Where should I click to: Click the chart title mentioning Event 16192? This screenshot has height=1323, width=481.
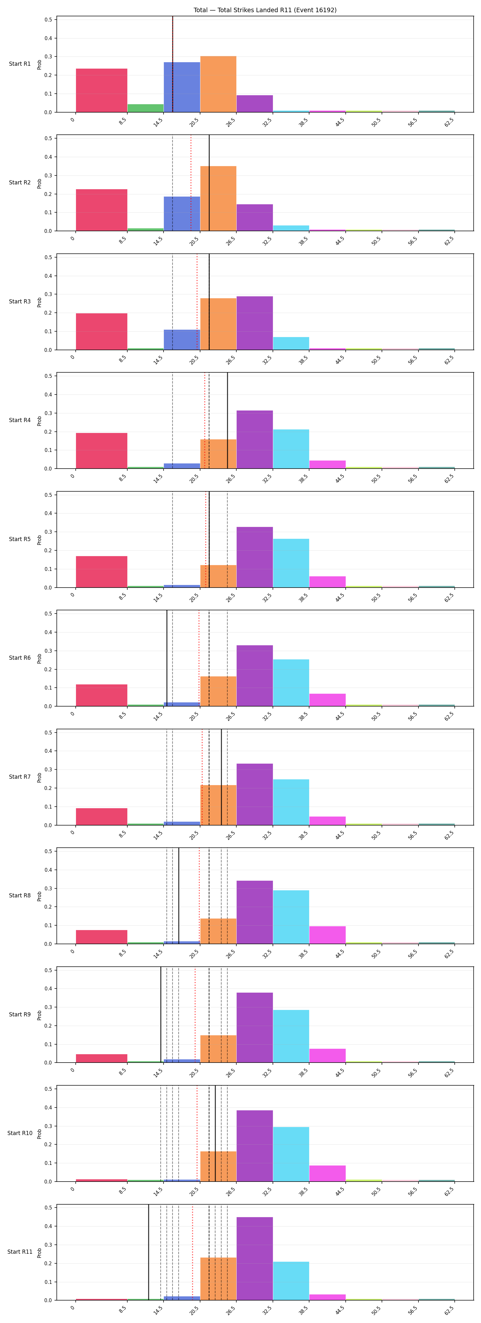(265, 10)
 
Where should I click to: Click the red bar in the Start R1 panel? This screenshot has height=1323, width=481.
(102, 90)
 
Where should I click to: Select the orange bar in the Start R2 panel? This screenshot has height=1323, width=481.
(218, 198)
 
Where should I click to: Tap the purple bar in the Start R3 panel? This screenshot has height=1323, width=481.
(255, 323)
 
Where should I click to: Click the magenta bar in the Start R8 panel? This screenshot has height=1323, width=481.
(327, 935)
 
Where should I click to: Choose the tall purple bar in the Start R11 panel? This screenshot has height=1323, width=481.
(255, 1258)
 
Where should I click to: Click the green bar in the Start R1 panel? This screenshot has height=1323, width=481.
(145, 108)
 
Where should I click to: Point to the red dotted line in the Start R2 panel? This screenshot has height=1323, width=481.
(191, 183)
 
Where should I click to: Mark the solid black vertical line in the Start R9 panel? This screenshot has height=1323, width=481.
(161, 1014)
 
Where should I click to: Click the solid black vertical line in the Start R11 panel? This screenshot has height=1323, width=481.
(149, 1252)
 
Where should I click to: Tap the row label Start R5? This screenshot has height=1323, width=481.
(20, 539)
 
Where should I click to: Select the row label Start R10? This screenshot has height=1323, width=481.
(20, 1132)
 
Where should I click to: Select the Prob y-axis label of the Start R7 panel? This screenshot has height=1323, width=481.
(39, 777)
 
